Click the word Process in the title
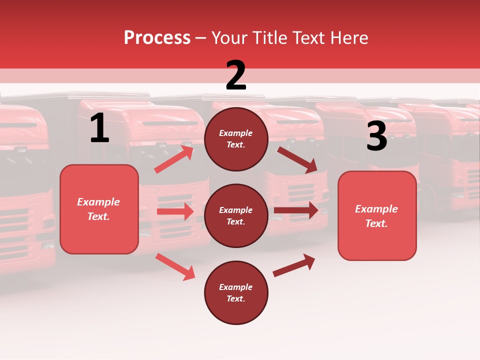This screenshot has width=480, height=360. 157,38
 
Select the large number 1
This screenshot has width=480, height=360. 99,128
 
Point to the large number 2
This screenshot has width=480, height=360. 236,75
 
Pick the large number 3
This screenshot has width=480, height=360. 376,136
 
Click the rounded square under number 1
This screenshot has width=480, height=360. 99,209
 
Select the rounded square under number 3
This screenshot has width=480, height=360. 377,216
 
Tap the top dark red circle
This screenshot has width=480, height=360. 236,139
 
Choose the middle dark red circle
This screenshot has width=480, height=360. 236,215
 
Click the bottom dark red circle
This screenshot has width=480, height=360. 236,292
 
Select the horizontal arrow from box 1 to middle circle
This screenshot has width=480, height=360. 175,211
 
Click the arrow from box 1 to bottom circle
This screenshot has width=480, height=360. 175,266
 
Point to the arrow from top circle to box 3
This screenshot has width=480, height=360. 297,160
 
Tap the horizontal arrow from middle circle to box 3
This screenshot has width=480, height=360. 296,210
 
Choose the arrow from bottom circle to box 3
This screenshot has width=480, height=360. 294,265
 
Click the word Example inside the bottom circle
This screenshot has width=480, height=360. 235,287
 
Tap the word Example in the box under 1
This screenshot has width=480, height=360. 98,202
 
